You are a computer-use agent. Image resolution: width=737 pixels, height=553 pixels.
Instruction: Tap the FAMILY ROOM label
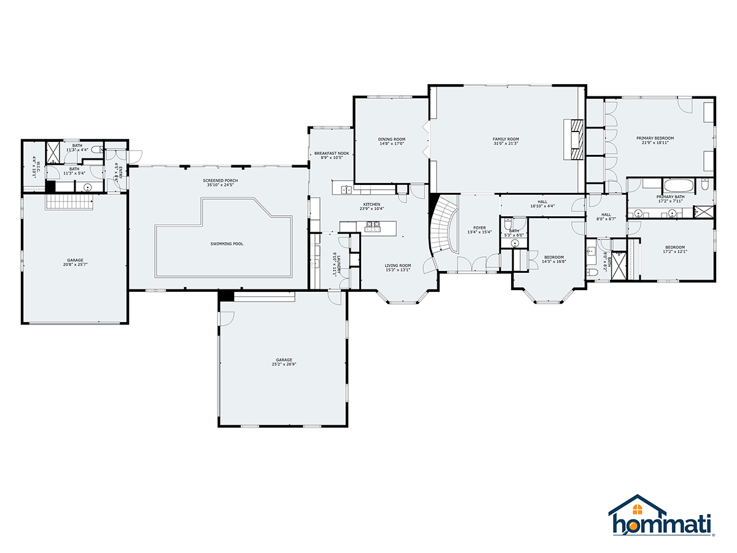[x=505, y=139]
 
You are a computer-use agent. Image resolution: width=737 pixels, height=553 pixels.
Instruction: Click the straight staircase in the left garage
[x=69, y=202]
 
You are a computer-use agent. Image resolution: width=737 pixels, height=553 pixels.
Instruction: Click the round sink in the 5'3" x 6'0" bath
[x=515, y=243]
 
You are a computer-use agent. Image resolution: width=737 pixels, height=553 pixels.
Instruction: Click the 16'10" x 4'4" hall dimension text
[x=542, y=207]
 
